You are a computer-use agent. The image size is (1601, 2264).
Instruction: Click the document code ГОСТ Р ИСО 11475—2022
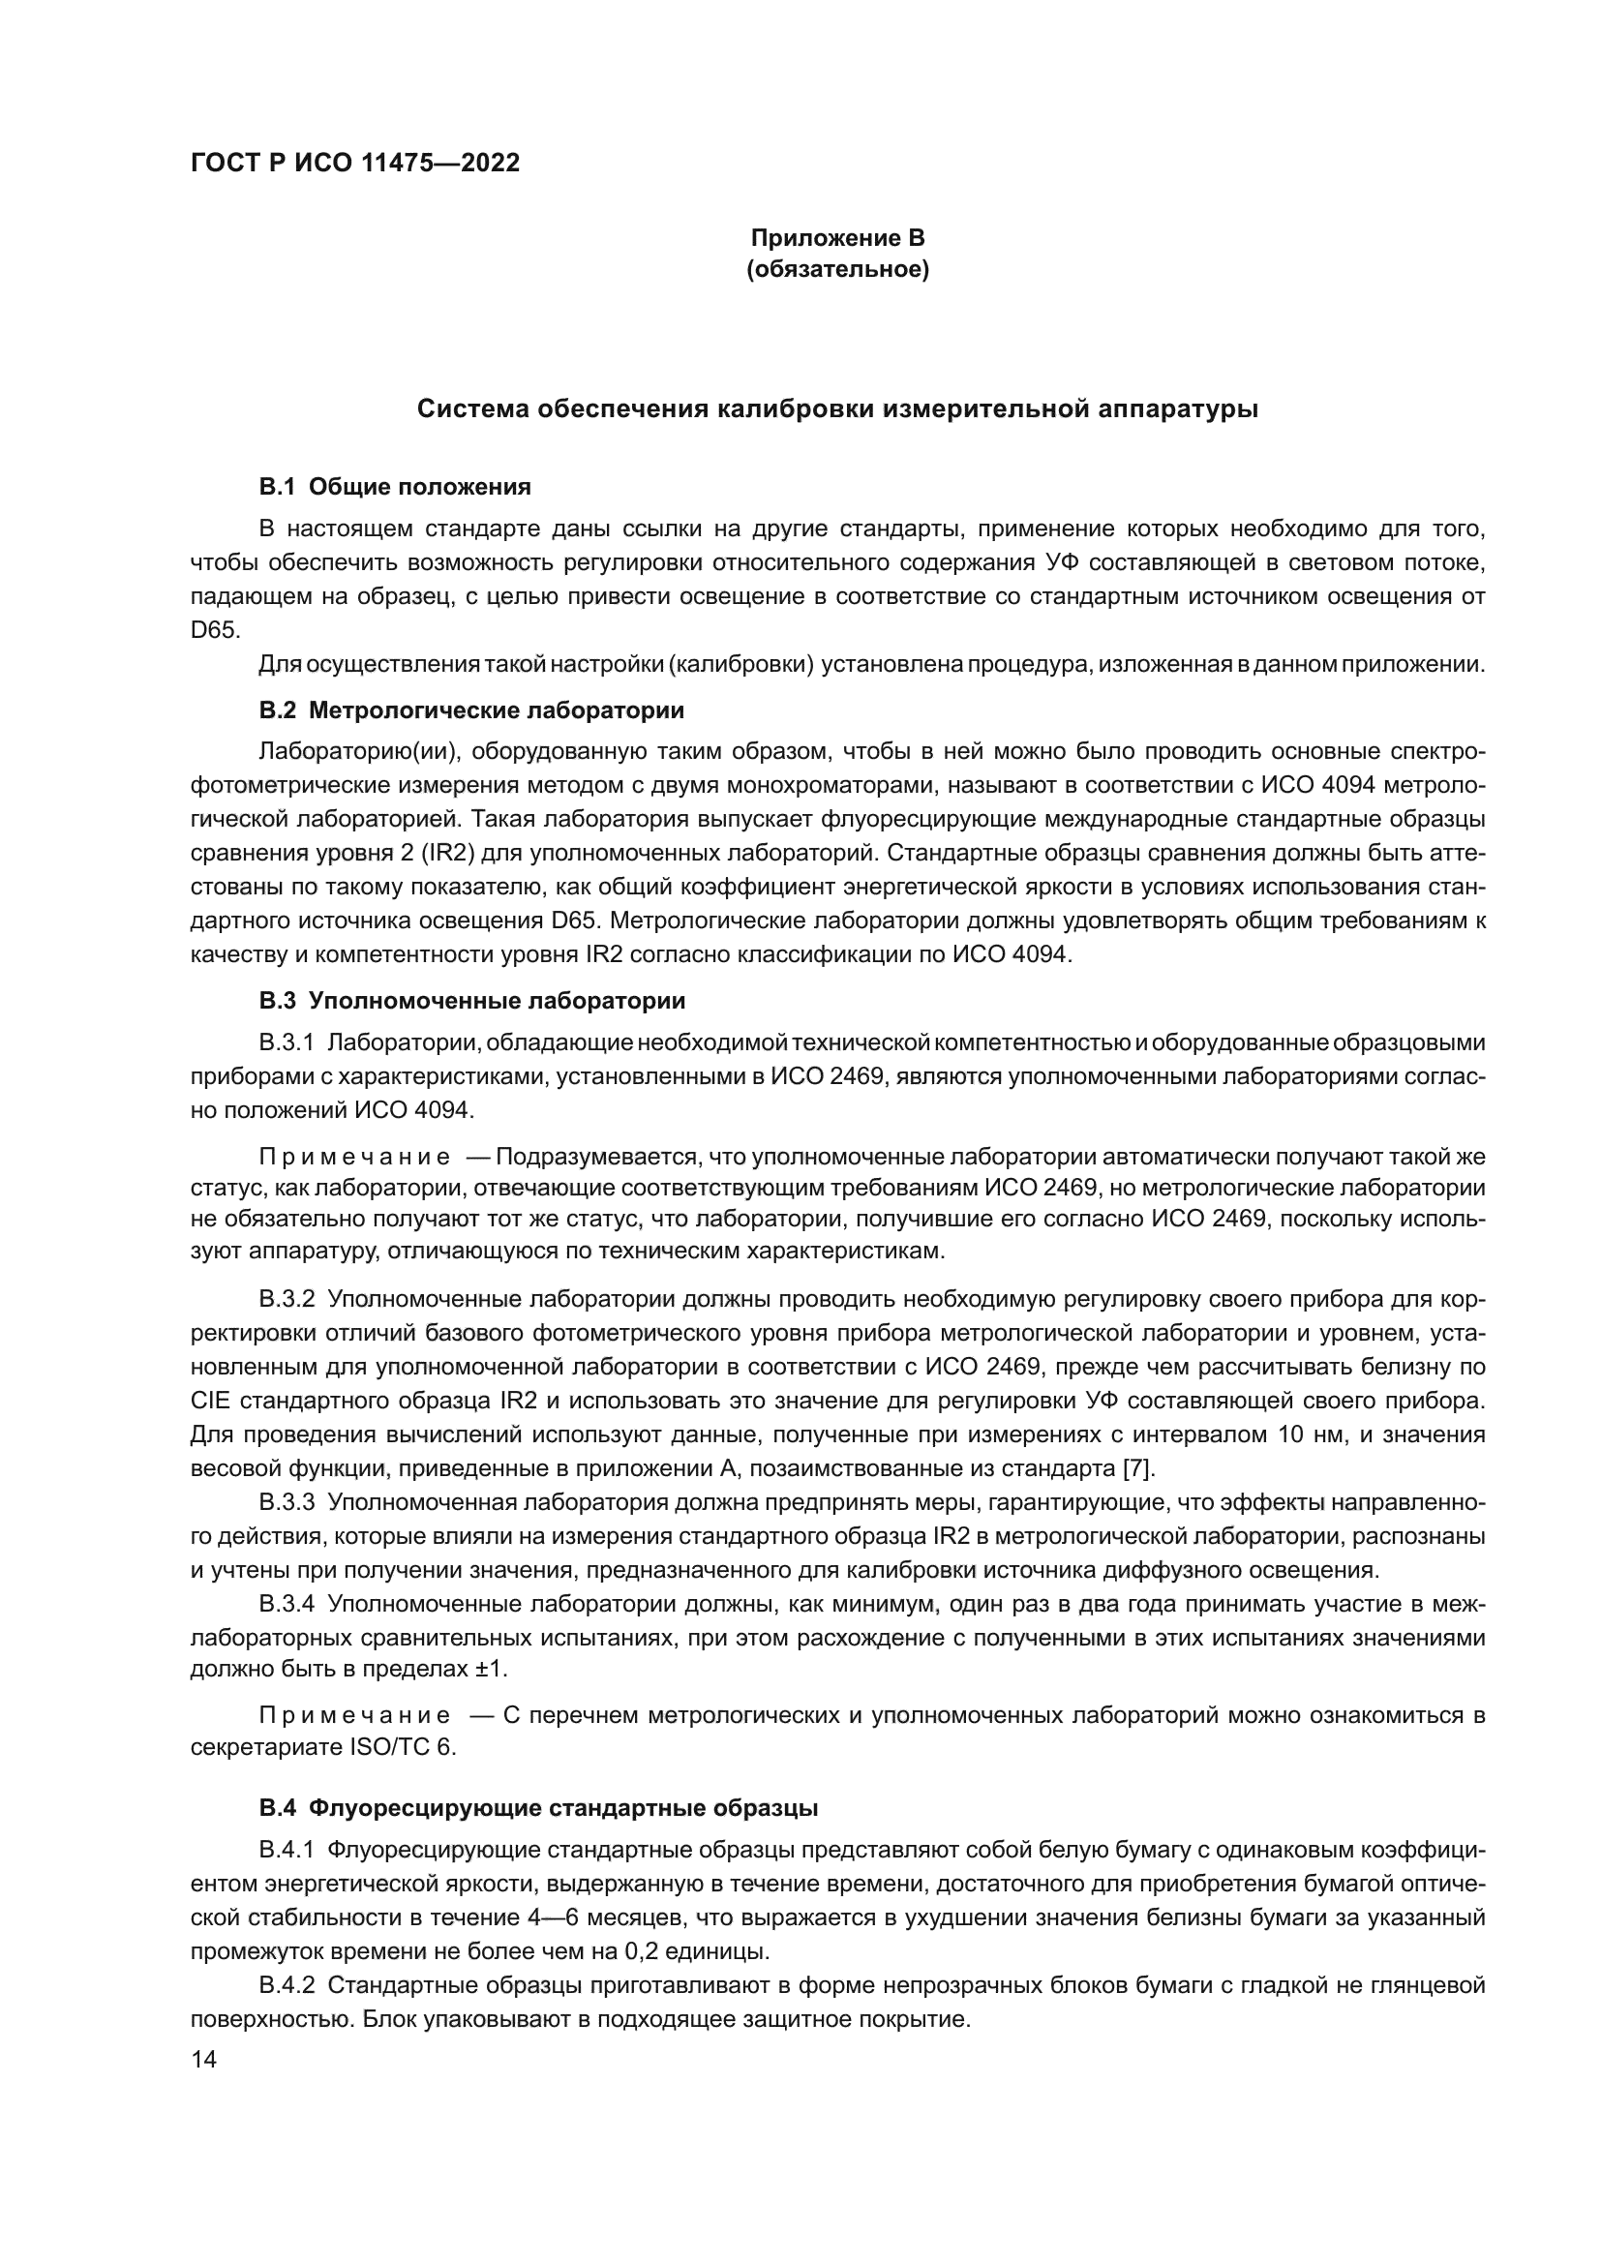point(355,163)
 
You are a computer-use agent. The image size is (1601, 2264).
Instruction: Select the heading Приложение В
point(837,238)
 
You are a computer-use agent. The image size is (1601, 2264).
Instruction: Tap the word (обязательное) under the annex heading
point(837,269)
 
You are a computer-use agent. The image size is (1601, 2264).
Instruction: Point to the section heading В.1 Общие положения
point(394,486)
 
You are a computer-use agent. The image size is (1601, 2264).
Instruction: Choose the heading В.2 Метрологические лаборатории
point(471,709)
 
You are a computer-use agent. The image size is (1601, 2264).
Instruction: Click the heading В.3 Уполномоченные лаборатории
point(471,1001)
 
